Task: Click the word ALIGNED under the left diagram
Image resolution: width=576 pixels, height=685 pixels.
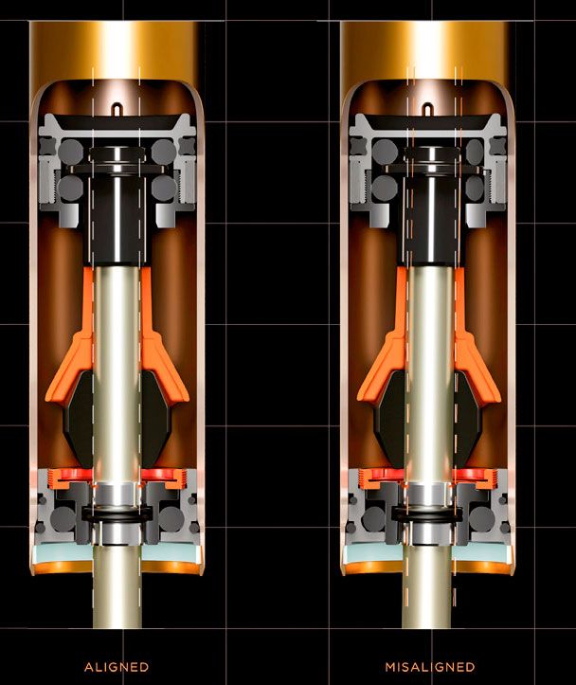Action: coord(117,667)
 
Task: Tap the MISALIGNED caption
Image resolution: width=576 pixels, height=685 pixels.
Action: coord(430,667)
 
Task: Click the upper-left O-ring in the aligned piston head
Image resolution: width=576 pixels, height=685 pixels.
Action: coord(71,152)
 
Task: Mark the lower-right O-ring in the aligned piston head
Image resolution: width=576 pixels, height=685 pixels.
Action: coord(164,188)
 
